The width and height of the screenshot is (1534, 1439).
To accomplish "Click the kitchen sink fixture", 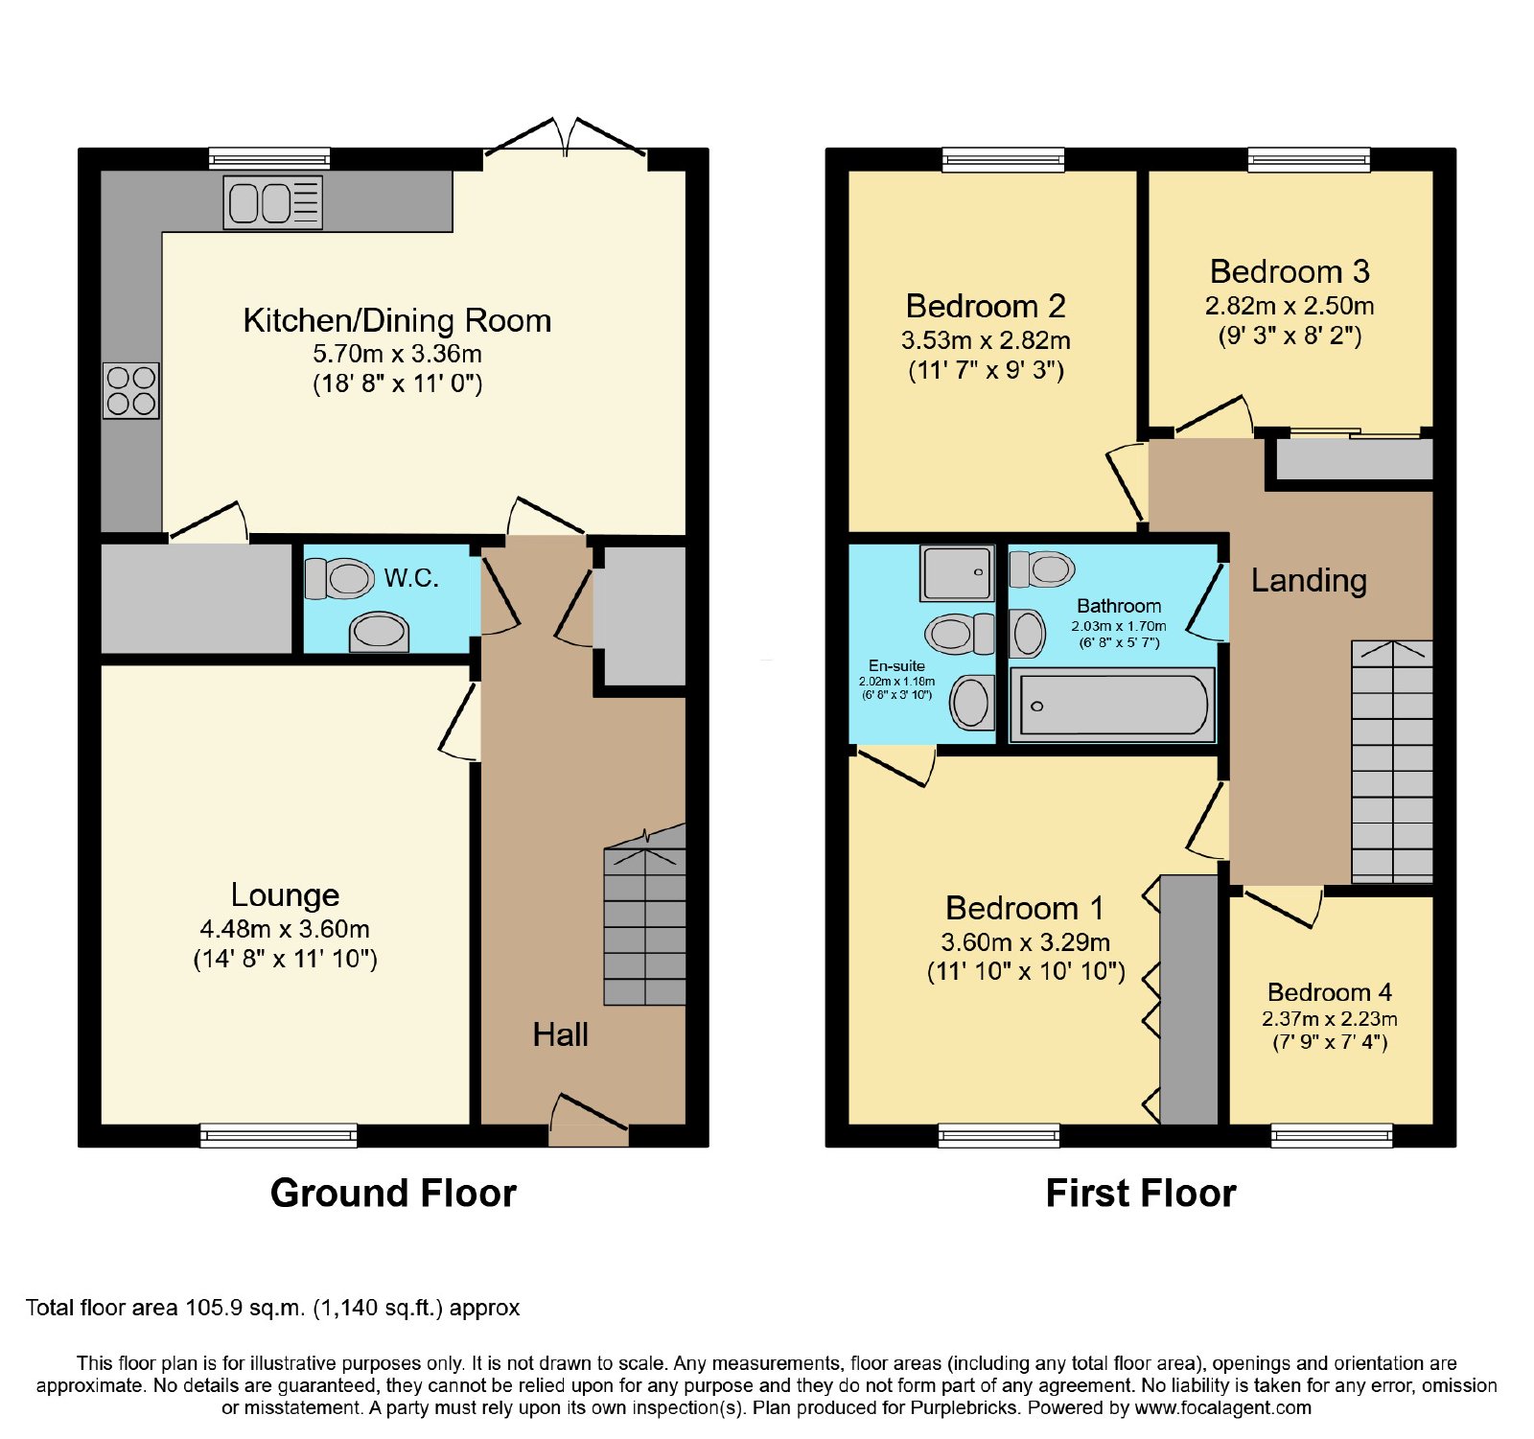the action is point(272,202).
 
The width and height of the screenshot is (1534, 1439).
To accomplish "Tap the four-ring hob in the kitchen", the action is point(131,390).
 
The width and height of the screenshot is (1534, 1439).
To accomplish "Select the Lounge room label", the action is point(285,894).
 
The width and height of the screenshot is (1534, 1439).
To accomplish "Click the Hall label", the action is point(560,1034).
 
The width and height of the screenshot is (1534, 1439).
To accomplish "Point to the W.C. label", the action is point(411,577).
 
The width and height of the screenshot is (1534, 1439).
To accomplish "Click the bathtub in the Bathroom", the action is point(1112,705).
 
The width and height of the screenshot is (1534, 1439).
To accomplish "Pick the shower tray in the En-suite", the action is point(956,572).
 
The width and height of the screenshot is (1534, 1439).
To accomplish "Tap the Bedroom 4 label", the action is point(1329,992).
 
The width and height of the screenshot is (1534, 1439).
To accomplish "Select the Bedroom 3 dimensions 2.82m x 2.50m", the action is point(1290,306).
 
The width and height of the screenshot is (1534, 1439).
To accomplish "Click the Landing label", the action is point(1309,580).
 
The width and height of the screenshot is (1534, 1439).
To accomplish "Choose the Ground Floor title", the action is point(393,1193).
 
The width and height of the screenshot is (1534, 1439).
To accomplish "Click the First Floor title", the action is point(1141,1193).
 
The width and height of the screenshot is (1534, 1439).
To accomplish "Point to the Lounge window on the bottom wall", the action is point(279,1135).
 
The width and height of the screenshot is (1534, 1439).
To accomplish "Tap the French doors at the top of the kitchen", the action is point(566,139).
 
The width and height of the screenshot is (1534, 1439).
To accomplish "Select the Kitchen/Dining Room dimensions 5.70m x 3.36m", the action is point(397,354).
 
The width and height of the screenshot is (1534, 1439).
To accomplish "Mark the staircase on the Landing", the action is point(1392,761).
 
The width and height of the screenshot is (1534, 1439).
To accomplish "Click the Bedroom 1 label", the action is point(1024,908).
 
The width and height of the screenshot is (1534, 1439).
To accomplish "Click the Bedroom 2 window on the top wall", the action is point(1003,159).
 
